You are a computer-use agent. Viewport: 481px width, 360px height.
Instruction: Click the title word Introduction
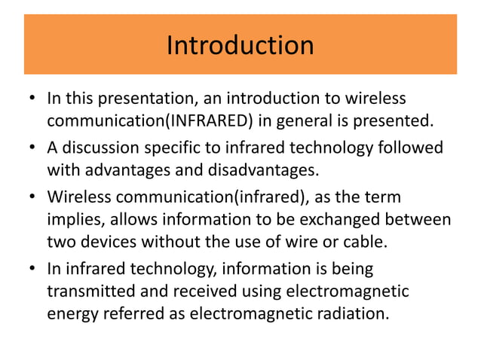240,45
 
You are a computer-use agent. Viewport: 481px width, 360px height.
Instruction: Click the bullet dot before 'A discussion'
32,148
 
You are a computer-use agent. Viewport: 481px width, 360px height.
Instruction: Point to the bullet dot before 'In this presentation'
32,99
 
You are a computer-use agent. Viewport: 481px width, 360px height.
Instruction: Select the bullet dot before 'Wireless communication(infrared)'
32,198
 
